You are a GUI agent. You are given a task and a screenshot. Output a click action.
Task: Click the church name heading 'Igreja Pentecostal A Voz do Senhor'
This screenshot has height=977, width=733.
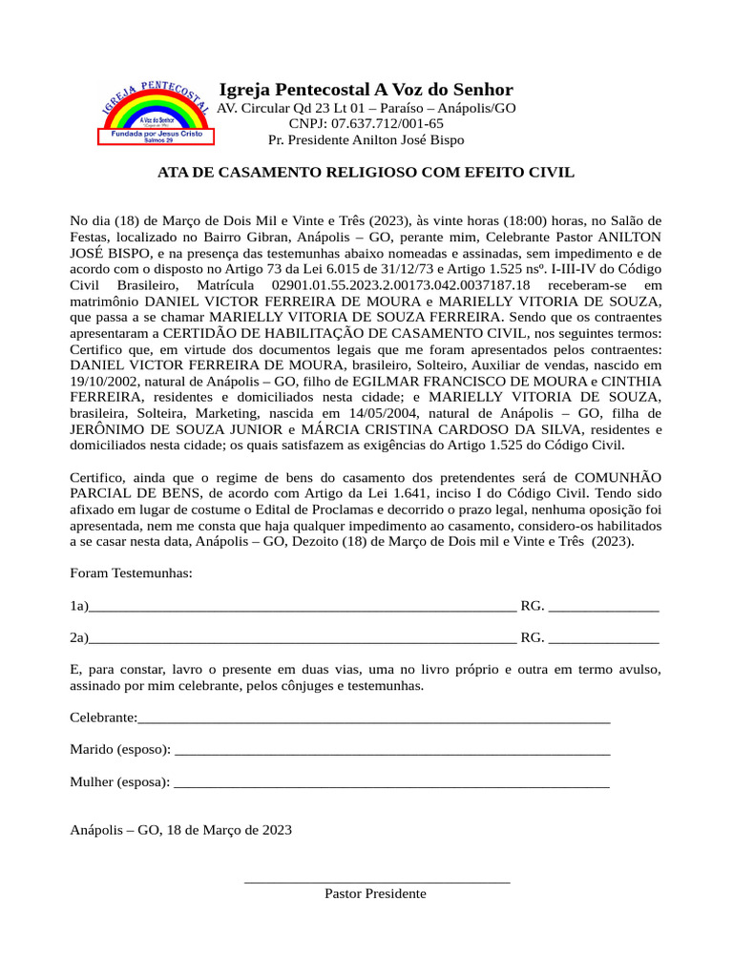click(366, 89)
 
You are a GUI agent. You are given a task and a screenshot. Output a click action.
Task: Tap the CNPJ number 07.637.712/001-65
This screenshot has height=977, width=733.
click(366, 124)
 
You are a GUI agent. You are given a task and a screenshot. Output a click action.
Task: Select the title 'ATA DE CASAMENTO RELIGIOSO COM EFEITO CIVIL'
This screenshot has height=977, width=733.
click(366, 173)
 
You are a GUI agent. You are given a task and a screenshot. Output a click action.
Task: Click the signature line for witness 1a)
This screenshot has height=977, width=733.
click(302, 608)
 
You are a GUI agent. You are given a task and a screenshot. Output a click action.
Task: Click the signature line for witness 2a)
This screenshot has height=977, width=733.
click(302, 639)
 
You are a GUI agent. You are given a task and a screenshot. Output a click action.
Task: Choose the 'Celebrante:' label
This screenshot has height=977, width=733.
click(103, 717)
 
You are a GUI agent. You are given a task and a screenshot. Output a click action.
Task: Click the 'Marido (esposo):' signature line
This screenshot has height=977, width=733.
click(392, 751)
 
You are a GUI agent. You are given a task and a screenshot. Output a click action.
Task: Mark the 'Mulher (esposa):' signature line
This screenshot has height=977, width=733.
click(392, 783)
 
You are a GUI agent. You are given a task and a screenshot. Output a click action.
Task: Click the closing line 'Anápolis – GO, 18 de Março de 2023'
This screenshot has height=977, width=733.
click(181, 830)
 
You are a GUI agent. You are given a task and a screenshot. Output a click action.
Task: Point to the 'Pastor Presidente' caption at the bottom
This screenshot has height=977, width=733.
click(375, 894)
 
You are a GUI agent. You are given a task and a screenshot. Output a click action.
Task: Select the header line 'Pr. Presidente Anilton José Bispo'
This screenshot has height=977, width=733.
click(366, 140)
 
